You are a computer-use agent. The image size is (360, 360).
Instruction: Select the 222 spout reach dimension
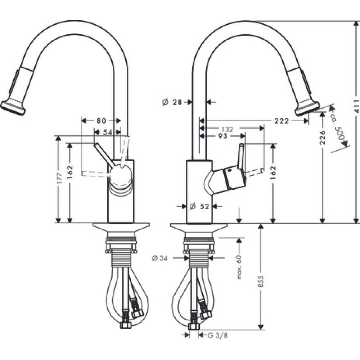pyautogui.click(x=282, y=121)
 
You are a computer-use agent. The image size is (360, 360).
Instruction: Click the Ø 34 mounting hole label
pyautogui.click(x=160, y=258)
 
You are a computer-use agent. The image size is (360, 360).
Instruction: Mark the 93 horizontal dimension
pyautogui.click(x=222, y=136)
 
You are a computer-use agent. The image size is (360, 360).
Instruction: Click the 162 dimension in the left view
pyautogui.click(x=70, y=173)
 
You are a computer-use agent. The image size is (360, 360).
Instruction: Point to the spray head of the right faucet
pyautogui.click(x=307, y=106)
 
